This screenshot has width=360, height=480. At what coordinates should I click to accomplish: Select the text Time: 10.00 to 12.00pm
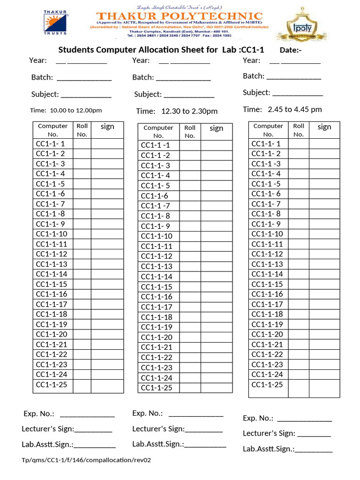(66, 111)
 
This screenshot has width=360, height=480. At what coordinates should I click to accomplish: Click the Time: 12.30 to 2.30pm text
(177, 111)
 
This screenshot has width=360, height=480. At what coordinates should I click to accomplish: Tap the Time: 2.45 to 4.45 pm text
(282, 109)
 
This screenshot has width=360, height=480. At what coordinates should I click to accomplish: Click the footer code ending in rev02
(86, 460)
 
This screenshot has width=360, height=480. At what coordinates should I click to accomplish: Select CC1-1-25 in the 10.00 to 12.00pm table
(52, 384)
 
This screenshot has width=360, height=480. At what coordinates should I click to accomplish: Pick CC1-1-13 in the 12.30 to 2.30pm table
(157, 266)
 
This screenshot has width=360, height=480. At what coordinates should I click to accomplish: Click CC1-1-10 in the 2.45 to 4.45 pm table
(267, 234)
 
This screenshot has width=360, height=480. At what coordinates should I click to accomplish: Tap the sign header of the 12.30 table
(216, 128)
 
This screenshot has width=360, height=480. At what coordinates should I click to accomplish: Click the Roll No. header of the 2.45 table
(299, 130)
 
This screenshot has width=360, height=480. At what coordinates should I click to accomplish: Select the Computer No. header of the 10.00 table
(52, 130)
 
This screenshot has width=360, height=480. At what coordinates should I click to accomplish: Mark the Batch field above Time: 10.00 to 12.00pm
(71, 77)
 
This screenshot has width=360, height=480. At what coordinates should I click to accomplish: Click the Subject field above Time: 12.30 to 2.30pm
(174, 94)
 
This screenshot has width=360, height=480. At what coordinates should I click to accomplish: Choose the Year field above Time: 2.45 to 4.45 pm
(281, 60)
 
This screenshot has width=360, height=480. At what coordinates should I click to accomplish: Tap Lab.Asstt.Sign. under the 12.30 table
(179, 444)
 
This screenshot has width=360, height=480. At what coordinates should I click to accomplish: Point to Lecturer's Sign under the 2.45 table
(287, 433)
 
